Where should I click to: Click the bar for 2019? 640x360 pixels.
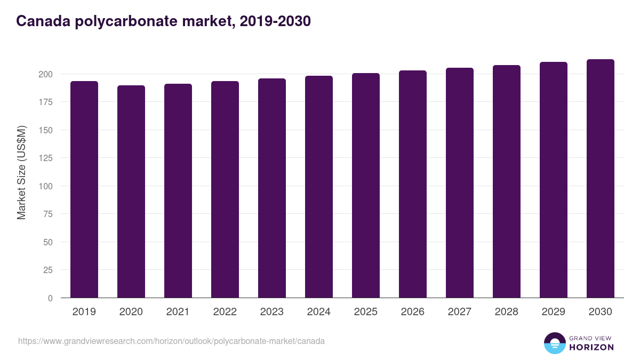pos(84,189)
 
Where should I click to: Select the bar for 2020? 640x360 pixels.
pos(131,191)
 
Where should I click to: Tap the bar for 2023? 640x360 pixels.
pos(272,188)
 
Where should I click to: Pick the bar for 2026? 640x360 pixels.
pos(413,184)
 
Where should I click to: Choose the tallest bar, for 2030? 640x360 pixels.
pos(601,178)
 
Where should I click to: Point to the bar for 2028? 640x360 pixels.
pos(507,181)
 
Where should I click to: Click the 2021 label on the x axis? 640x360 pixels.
pos(178,312)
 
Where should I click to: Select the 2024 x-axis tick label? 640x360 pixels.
pos(319,312)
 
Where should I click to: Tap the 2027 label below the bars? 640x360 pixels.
pos(460,312)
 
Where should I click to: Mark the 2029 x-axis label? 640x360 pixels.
pos(554,312)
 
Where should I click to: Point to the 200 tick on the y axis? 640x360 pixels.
pos(45,74)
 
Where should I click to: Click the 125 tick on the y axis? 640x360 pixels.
pos(45,158)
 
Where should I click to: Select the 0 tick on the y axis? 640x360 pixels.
pos(50,298)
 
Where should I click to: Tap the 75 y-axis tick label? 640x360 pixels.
pos(47,214)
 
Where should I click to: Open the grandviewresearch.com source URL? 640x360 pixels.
pos(171,341)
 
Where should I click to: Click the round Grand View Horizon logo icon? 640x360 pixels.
pos(554,343)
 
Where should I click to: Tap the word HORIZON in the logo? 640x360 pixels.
pos(591,347)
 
